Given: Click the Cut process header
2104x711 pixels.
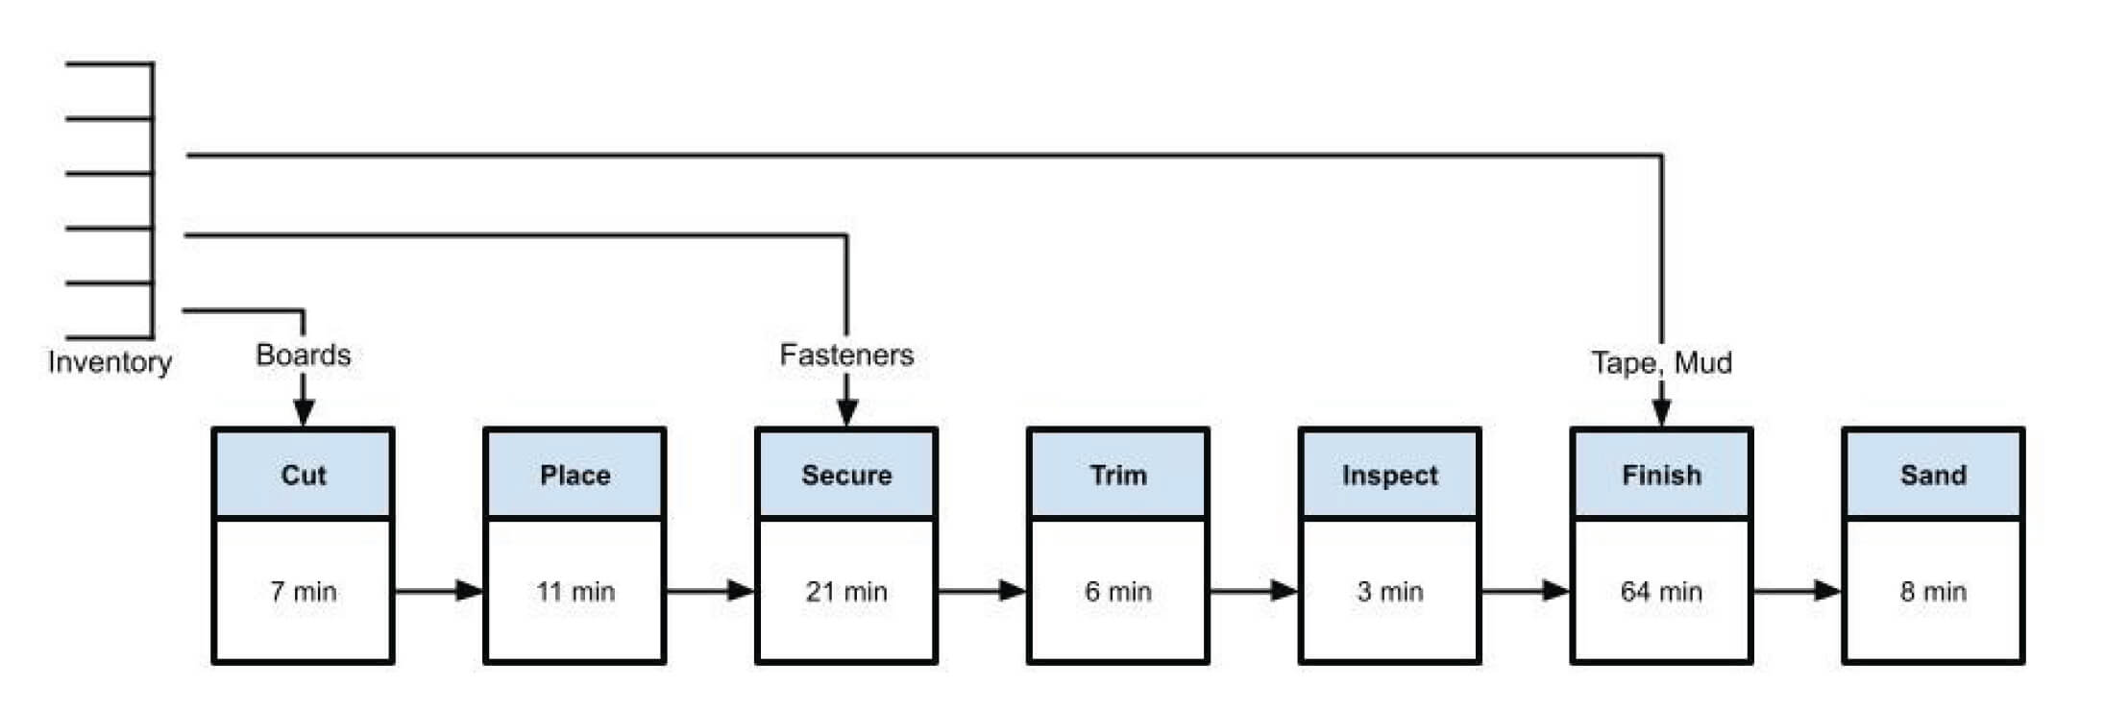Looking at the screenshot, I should [303, 475].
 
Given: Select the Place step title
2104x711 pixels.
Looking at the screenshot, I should [575, 475].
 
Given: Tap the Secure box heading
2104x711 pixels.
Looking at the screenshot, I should [846, 475].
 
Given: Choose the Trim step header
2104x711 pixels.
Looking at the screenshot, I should [1118, 475].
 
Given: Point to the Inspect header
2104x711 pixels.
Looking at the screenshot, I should [1389, 475].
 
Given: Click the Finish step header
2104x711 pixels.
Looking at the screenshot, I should [1661, 475].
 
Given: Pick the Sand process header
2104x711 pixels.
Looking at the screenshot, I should [1933, 475].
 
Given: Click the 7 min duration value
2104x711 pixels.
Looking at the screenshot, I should [304, 591].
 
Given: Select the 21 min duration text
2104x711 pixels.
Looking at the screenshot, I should [846, 591].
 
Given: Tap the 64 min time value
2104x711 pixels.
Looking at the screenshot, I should [1661, 591].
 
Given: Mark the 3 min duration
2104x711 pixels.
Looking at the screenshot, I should [1389, 591].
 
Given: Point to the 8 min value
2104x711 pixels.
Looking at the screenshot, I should [1933, 591].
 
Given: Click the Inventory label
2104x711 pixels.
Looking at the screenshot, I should [110, 362].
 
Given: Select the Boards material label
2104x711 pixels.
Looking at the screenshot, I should [303, 355].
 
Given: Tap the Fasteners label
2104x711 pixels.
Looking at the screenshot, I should [846, 355].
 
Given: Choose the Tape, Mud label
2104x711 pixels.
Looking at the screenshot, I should [1661, 362].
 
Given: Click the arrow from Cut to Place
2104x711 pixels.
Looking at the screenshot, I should [439, 590].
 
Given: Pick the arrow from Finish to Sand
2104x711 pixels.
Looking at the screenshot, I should [1798, 590].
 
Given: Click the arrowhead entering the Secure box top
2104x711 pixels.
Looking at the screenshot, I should [846, 412].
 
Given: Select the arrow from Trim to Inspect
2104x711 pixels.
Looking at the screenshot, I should [1254, 590].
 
